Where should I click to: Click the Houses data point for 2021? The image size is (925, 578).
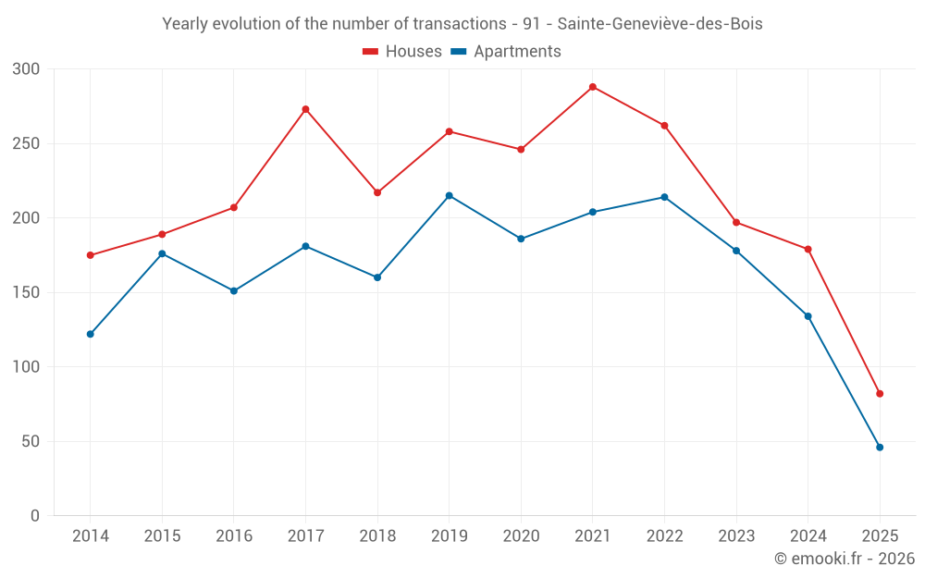tap(593, 87)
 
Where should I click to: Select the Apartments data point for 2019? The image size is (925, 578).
tap(450, 195)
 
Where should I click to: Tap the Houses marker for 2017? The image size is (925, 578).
tap(305, 109)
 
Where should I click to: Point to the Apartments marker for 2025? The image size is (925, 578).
tap(880, 448)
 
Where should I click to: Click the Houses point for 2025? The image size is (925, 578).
tap(880, 394)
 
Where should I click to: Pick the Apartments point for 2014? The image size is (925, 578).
tap(91, 334)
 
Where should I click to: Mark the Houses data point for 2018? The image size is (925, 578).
tap(377, 192)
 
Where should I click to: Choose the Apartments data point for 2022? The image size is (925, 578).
tap(664, 197)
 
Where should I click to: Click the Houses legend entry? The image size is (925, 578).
tap(402, 52)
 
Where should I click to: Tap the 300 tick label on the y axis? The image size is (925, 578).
tap(27, 69)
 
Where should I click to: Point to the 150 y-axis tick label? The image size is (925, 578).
tap(27, 293)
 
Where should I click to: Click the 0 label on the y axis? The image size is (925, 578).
tap(35, 516)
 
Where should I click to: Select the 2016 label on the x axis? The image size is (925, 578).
tap(234, 536)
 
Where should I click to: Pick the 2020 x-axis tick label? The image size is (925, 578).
tap(521, 536)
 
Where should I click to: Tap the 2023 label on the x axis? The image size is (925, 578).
tap(736, 536)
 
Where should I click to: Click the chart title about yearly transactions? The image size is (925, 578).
tap(462, 24)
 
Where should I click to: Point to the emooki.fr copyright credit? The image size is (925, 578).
tap(844, 559)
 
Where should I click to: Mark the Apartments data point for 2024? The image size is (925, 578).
tap(808, 316)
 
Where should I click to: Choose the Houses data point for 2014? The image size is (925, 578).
tap(91, 255)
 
